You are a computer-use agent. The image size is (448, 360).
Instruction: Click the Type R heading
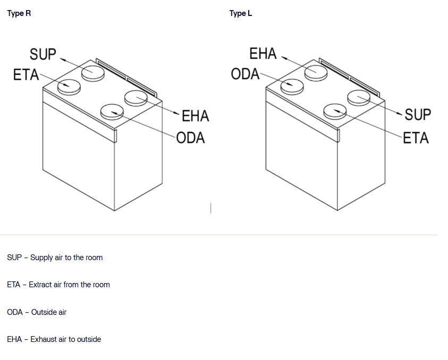click(19, 13)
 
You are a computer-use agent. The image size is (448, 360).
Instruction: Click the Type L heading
click(241, 13)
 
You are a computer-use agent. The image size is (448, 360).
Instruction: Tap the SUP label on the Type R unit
click(43, 54)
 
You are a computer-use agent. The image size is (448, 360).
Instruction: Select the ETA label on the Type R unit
click(27, 75)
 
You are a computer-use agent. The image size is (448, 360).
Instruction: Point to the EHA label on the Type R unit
click(195, 116)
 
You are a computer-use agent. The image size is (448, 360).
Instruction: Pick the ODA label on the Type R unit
click(190, 138)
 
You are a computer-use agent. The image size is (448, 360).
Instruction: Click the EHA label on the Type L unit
click(263, 54)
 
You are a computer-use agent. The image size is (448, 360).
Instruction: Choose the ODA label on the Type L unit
click(245, 74)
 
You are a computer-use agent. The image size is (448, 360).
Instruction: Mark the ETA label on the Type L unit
click(416, 138)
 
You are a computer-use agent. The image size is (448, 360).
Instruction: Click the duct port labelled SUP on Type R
click(92, 72)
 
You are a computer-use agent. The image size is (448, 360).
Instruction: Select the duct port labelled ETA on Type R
click(69, 85)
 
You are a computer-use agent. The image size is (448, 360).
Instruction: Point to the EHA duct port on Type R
click(136, 98)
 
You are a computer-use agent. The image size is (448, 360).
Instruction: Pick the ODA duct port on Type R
click(112, 111)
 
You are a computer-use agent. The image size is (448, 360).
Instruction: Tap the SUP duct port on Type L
click(359, 98)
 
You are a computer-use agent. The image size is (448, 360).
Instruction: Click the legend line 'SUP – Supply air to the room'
click(55, 258)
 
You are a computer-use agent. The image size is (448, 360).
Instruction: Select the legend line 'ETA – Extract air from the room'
click(58, 285)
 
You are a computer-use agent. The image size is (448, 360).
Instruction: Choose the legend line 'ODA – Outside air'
click(37, 312)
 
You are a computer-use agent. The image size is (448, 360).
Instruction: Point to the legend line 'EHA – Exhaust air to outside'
click(54, 339)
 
